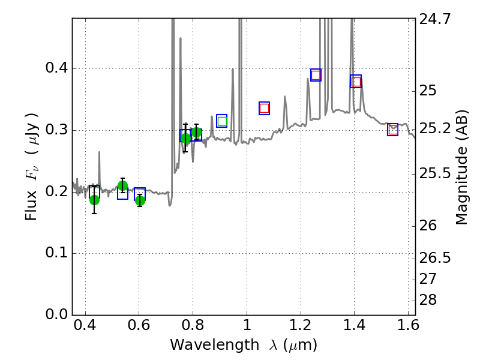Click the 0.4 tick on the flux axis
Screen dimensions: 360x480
click(x=56, y=68)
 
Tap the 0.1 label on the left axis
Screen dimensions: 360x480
click(x=56, y=253)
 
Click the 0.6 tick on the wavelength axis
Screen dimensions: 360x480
click(x=139, y=328)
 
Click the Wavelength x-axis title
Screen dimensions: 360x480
click(x=243, y=345)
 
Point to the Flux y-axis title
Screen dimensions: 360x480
click(x=32, y=167)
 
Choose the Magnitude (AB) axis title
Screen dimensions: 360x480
click(x=461, y=167)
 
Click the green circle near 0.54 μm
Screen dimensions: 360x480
click(x=123, y=185)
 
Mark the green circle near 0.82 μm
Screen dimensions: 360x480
click(x=196, y=133)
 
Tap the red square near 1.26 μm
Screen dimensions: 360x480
click(x=316, y=75)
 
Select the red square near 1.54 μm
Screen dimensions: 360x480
click(x=393, y=130)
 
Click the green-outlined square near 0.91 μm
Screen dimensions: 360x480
click(x=222, y=121)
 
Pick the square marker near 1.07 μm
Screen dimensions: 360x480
click(x=264, y=109)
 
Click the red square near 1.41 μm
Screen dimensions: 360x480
click(x=356, y=82)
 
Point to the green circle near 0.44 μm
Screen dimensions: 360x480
click(x=94, y=200)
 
